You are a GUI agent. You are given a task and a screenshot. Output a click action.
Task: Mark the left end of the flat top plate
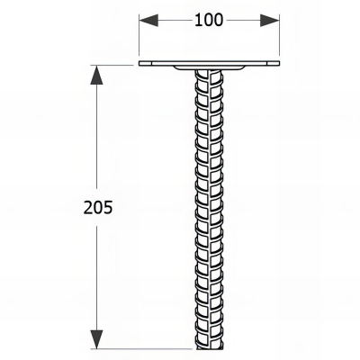pyautogui.click(x=141, y=64)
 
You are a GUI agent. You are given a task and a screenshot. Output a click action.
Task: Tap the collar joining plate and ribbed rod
pyautogui.click(x=208, y=71)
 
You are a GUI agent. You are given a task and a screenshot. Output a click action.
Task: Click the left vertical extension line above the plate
pyautogui.click(x=139, y=36)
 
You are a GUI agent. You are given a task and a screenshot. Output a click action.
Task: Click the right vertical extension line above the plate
pyautogui.click(x=277, y=36)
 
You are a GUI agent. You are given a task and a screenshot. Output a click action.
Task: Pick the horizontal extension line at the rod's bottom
pyautogui.click(x=144, y=349)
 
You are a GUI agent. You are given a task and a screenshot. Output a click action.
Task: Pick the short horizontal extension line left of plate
pyautogui.click(x=112, y=64)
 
